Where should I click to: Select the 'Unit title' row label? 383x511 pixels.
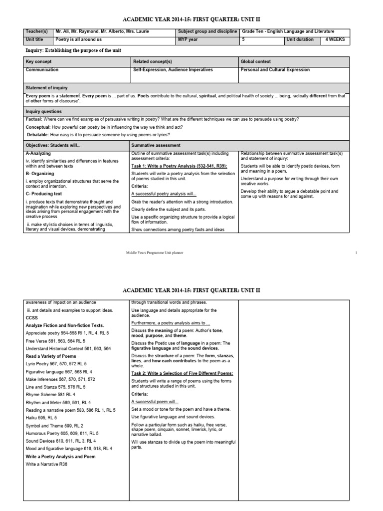(x=35, y=39)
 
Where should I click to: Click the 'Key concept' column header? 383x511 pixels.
(x=38, y=61)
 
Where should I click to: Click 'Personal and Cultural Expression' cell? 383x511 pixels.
(x=275, y=70)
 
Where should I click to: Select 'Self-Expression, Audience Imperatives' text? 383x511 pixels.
(x=173, y=70)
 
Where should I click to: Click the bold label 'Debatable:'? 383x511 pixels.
(x=38, y=135)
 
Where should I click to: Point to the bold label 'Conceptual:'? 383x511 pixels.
(x=38, y=127)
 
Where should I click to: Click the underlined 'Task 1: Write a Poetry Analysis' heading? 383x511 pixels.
(x=179, y=165)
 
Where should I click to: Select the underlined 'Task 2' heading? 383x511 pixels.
(x=182, y=373)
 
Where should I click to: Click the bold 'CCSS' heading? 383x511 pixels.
(x=32, y=317)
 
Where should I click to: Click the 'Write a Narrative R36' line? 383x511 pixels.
(x=46, y=464)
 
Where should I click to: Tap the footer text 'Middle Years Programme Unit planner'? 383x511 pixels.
(x=154, y=253)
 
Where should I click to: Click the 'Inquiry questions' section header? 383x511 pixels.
(x=44, y=111)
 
